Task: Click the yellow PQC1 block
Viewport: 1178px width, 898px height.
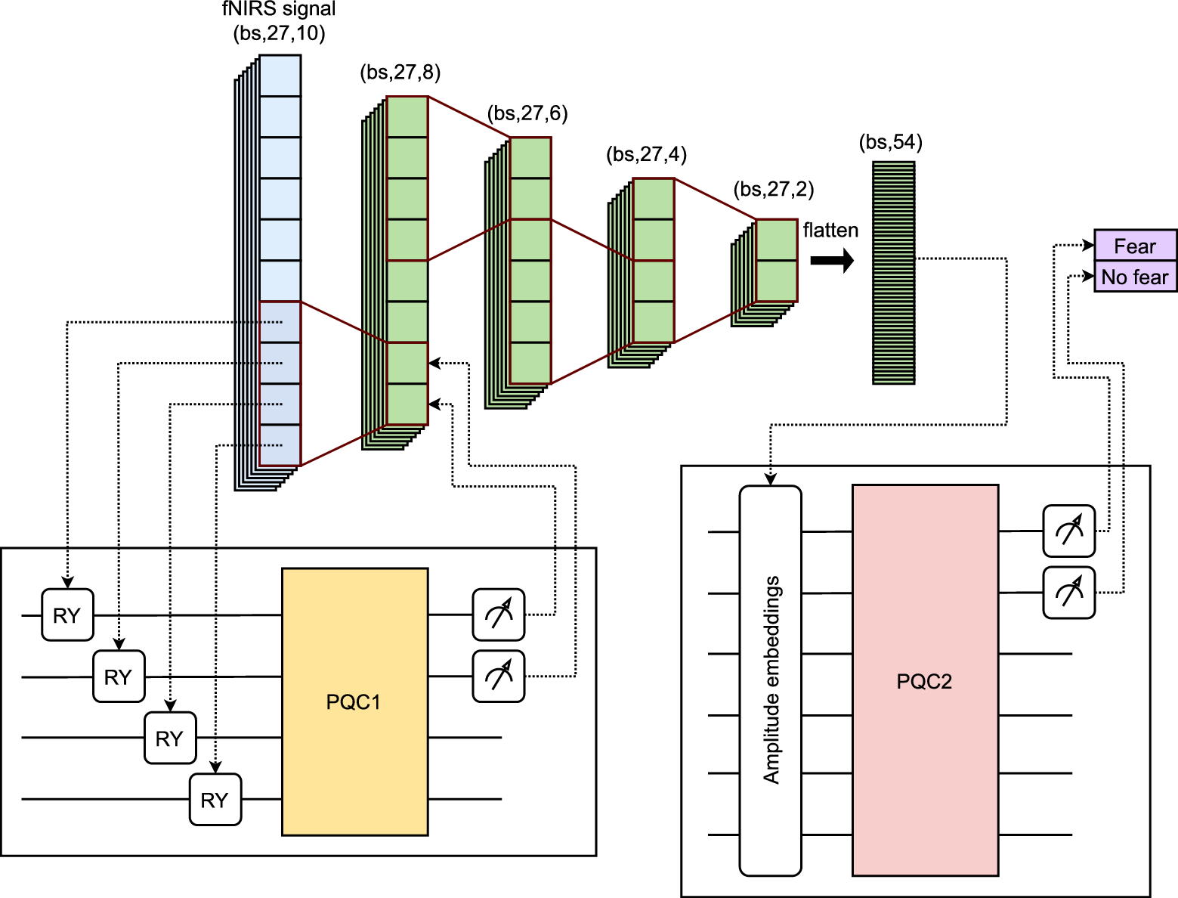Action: click(x=354, y=701)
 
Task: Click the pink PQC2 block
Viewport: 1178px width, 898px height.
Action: click(x=925, y=680)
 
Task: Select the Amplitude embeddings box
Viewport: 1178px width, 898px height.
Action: click(x=770, y=680)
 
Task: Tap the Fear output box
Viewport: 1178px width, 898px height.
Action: click(x=1135, y=246)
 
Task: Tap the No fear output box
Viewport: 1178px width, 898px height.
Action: click(x=1135, y=277)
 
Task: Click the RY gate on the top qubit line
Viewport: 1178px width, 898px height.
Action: click(x=67, y=615)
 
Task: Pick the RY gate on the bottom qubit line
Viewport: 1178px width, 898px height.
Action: click(x=215, y=800)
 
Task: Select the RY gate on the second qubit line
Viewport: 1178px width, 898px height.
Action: click(x=119, y=677)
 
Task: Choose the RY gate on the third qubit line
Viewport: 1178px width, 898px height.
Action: click(x=170, y=738)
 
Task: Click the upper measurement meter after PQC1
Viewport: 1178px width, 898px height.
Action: click(x=499, y=615)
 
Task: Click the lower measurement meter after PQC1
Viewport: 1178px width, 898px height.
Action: click(x=499, y=677)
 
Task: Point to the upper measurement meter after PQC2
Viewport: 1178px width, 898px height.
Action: click(x=1068, y=531)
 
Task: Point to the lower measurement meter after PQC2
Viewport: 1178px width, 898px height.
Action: click(x=1068, y=593)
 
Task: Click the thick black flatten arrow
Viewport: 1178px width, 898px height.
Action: click(x=831, y=261)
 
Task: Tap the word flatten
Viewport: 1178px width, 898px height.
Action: click(x=830, y=231)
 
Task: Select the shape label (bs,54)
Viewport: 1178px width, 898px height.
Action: click(x=890, y=142)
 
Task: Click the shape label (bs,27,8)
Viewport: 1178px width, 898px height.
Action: click(x=400, y=72)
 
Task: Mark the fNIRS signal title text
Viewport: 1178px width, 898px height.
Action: click(x=279, y=10)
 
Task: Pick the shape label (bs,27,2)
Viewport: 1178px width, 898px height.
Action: click(x=774, y=189)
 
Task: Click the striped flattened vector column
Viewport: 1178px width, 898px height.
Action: click(x=893, y=272)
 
